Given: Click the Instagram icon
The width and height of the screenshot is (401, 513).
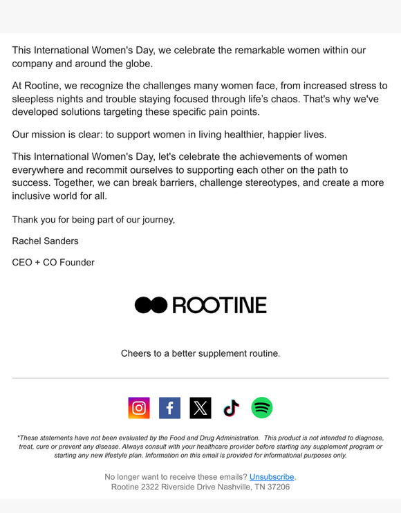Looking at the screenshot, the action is (x=139, y=408).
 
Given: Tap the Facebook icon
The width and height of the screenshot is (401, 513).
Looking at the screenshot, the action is (x=169, y=408).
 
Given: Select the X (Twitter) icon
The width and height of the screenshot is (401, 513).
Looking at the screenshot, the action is (x=200, y=408).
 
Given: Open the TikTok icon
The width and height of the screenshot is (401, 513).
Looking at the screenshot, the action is (x=231, y=408).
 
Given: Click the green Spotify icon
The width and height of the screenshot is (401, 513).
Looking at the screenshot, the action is (x=262, y=408).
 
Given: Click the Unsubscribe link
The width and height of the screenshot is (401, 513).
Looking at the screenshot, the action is (x=272, y=477).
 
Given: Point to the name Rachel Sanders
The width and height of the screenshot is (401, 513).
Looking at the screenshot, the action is (x=46, y=241).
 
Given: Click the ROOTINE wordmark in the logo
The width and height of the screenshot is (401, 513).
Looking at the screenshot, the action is (x=219, y=305).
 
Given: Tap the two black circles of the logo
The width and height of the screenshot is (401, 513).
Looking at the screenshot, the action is (x=151, y=305).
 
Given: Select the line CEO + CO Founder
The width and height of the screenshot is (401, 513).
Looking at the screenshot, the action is (x=53, y=263).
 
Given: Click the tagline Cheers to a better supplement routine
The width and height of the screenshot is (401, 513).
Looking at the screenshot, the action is (x=200, y=353).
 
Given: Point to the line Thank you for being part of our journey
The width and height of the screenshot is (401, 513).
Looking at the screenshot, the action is (x=93, y=220).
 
